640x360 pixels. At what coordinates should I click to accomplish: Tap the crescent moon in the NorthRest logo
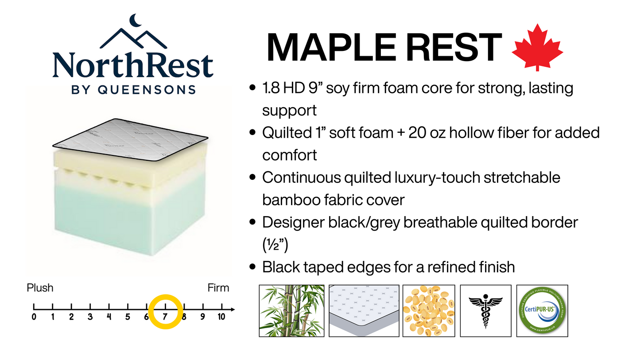point(134,20)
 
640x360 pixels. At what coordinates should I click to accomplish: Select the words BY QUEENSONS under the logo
point(133,89)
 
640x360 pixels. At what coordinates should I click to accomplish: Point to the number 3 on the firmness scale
point(90,317)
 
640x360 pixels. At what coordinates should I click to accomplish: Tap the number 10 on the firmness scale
point(221,317)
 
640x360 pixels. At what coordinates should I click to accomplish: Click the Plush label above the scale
point(40,288)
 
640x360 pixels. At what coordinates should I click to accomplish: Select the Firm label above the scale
point(218,288)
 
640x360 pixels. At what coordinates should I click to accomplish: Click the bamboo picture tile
point(292,311)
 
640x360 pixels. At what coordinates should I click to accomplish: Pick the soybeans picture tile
point(428,311)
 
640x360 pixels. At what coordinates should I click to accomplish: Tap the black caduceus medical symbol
point(485,311)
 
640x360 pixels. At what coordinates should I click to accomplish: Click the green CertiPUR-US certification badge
point(542,311)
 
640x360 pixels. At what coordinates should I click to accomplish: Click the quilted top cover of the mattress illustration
point(130,139)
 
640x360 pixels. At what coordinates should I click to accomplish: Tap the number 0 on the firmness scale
point(34,317)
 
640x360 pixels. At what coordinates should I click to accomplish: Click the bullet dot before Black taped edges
point(253,267)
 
